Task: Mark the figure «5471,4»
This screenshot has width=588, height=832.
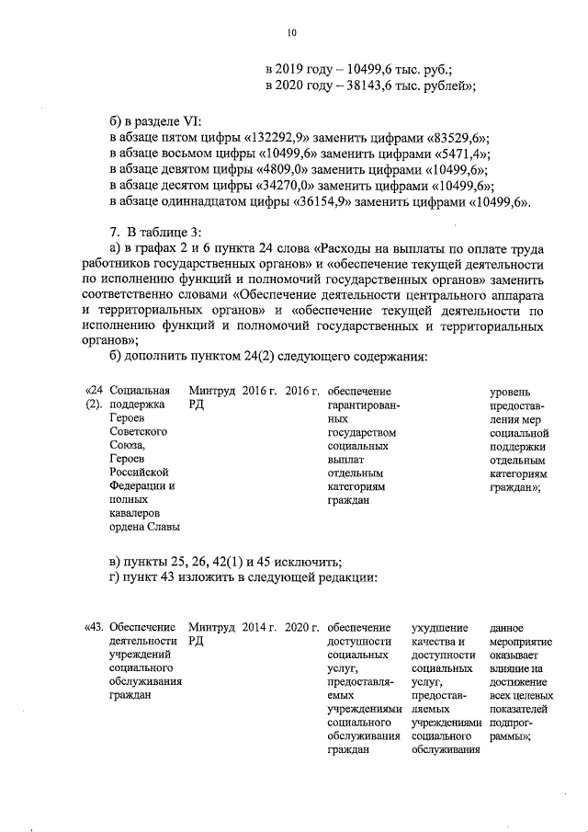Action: point(458,154)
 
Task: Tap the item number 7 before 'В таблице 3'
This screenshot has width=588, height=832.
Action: point(113,233)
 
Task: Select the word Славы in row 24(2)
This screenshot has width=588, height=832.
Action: point(159,526)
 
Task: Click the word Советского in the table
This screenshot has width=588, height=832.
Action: point(136,430)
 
